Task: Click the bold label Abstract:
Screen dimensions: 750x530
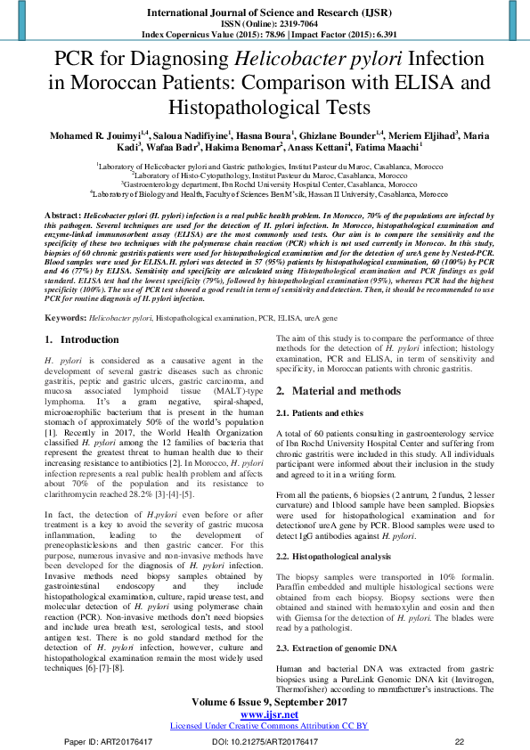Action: click(x=62, y=216)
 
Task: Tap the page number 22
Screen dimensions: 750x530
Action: click(x=460, y=739)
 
